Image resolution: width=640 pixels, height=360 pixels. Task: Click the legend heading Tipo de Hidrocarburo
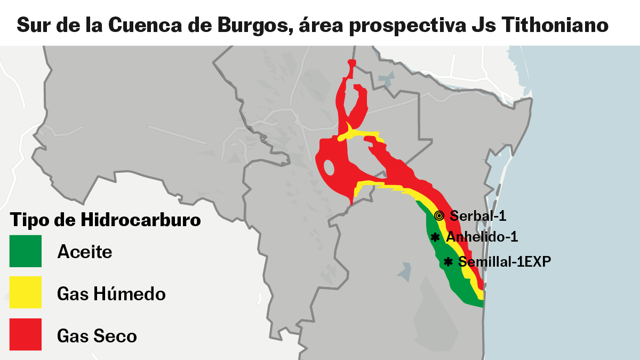point(106,220)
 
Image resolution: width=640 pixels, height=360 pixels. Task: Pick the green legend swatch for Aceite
point(26,251)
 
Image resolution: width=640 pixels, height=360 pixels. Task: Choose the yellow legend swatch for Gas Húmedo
point(26,292)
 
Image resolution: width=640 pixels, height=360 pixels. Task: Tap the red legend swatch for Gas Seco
point(26,334)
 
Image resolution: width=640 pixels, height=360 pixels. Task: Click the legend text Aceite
point(85,251)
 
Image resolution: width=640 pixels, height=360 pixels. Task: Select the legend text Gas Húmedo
point(111,293)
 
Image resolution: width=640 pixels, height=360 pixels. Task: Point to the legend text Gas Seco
point(97,336)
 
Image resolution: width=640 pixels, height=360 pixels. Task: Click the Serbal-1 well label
point(478,216)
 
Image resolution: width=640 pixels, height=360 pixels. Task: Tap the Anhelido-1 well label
point(482,237)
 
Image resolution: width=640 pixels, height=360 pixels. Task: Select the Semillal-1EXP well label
point(504,262)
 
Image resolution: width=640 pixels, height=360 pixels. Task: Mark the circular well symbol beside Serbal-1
point(439,216)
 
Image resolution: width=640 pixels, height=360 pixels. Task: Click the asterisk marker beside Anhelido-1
point(435,237)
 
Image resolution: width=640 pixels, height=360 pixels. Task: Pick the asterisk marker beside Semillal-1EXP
point(448,262)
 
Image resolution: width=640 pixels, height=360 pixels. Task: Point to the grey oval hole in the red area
point(330,168)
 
